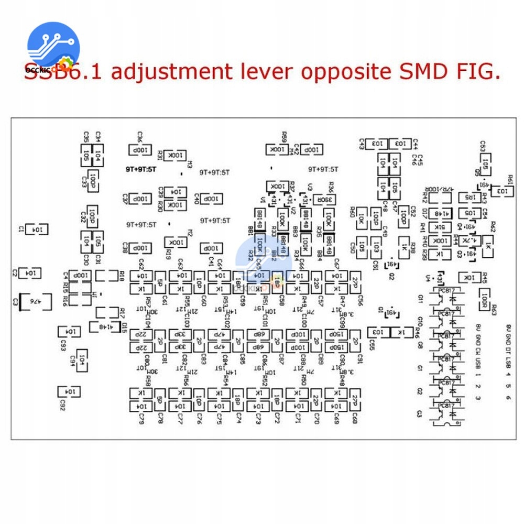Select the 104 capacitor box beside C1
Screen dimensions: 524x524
pos(36,229)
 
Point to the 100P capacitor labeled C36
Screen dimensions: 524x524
pos(140,150)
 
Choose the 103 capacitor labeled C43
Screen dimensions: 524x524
pos(378,143)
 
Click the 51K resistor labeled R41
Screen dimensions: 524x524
pos(439,227)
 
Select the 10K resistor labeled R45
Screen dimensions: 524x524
pos(468,277)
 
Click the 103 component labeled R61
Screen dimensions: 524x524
pos(501,192)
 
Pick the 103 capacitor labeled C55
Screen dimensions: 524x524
pos(378,332)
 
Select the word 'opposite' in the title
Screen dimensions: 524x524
pos(344,72)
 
